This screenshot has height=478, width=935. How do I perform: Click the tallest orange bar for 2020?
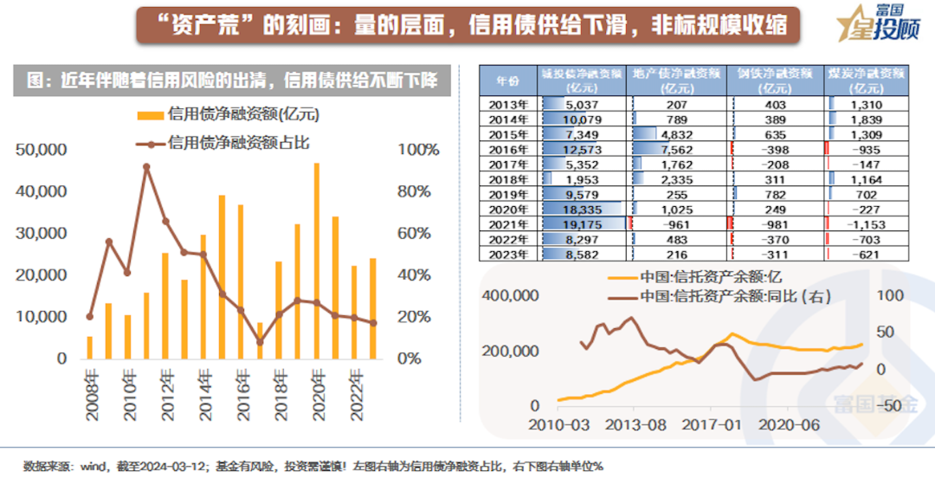pos(317,260)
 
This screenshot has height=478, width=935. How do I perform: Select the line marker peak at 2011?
pos(146,167)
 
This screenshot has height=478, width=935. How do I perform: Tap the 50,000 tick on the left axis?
pos(42,150)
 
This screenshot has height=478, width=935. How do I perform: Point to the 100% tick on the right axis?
pos(418,150)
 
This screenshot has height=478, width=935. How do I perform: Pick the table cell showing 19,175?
pos(582,224)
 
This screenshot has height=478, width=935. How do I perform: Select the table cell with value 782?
pos(776,195)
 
